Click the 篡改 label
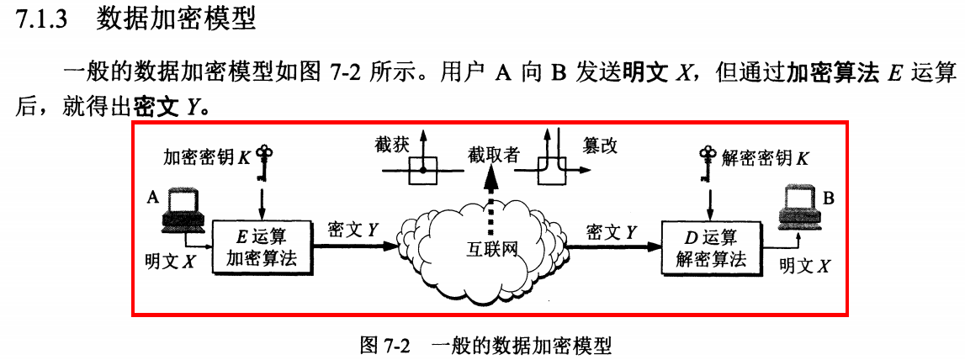pyautogui.click(x=600, y=145)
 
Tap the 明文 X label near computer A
pyautogui.click(x=170, y=262)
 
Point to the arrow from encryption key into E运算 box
pyautogui.click(x=262, y=199)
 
